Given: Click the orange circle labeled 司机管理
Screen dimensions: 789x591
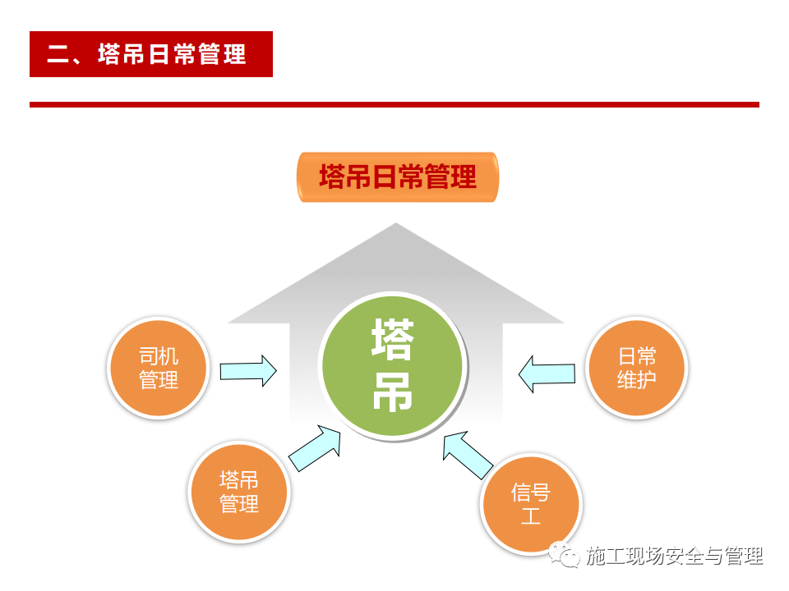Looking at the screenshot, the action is click(158, 368).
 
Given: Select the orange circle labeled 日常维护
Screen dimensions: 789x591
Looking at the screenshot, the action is click(636, 368).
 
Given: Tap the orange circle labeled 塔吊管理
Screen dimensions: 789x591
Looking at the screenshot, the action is click(239, 492).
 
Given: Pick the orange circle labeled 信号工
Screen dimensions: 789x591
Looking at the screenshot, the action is click(531, 504).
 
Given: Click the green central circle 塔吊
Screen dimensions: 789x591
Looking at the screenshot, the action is click(393, 365).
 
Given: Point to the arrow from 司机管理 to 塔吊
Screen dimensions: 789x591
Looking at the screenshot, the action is click(248, 371).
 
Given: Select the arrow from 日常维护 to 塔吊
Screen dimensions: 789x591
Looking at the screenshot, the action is click(547, 374).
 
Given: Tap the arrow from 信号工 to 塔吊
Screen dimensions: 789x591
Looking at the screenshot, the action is click(467, 454).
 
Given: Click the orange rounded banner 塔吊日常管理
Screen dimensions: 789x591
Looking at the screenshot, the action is click(398, 177).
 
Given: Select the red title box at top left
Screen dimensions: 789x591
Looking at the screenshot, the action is click(151, 54).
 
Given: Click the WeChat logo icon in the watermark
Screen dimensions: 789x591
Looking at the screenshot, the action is click(564, 554).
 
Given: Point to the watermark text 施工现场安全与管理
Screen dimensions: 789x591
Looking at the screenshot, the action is click(674, 556).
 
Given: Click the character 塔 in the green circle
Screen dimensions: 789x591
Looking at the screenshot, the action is click(393, 339).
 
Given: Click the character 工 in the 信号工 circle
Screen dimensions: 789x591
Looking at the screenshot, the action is click(531, 516).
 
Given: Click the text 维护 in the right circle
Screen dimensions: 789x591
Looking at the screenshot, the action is click(636, 379).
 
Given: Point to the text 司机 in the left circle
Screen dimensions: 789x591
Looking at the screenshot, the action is click(159, 356).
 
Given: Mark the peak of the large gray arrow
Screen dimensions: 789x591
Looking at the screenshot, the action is click(396, 223).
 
